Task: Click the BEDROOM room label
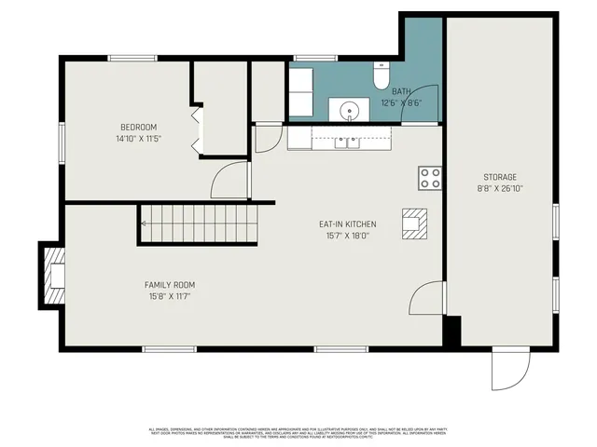click(138, 128)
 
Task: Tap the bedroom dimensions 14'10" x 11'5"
click(138, 139)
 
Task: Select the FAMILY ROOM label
click(169, 285)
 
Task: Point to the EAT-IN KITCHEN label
click(347, 224)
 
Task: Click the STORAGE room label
click(499, 177)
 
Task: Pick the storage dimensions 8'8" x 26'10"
click(499, 188)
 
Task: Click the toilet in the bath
click(381, 73)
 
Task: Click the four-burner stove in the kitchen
click(430, 178)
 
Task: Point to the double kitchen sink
click(348, 142)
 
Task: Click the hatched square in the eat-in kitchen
click(412, 223)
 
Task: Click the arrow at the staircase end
click(146, 223)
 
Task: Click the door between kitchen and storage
click(426, 300)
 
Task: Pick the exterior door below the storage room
click(509, 371)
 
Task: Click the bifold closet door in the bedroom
click(195, 129)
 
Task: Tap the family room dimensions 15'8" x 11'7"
click(169, 296)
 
